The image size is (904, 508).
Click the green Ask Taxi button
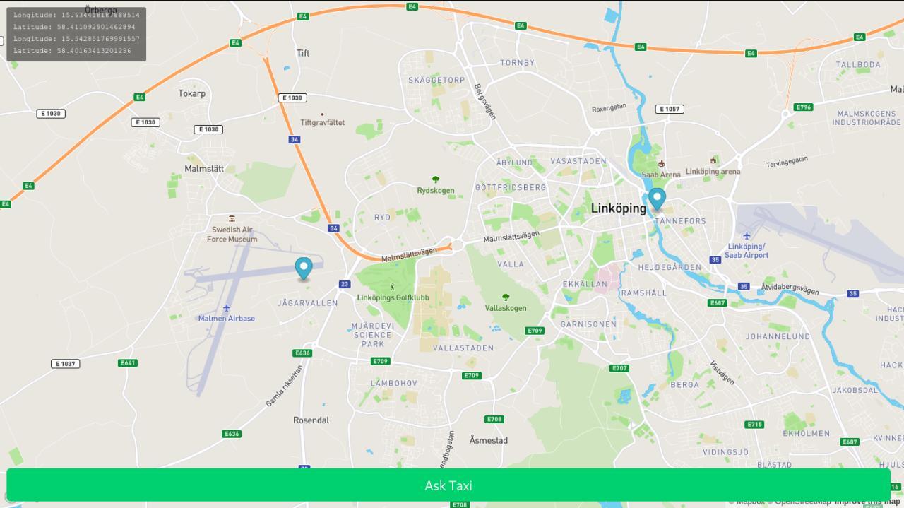click(x=448, y=485)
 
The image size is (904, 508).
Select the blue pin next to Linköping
click(x=657, y=199)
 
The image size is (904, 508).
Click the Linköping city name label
click(x=618, y=208)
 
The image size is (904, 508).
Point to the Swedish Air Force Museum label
click(x=232, y=234)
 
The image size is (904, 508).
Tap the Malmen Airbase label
click(x=226, y=318)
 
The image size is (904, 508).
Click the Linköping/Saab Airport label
click(x=747, y=251)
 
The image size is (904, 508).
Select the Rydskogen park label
click(x=436, y=190)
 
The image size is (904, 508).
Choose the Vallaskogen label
click(x=506, y=308)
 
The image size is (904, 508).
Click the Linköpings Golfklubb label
click(x=393, y=297)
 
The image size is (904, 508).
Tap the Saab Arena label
click(x=661, y=174)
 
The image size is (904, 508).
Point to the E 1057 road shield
click(x=669, y=109)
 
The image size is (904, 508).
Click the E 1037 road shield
click(x=65, y=364)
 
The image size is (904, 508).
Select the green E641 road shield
click(x=128, y=363)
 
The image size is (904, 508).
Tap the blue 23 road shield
click(x=344, y=284)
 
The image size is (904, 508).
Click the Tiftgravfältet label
click(x=323, y=122)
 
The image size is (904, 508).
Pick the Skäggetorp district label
click(x=436, y=80)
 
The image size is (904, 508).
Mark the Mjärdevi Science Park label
click(x=373, y=335)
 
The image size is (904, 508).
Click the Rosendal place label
click(x=311, y=420)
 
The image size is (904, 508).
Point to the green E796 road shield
click(x=803, y=107)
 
